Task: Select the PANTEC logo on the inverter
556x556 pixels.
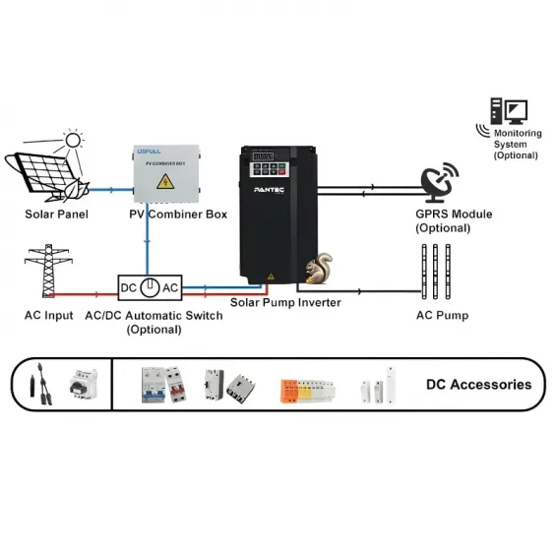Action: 270,189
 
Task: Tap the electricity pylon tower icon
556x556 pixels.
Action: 43,270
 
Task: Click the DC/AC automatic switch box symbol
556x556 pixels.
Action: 148,288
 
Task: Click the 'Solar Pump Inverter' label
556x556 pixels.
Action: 285,303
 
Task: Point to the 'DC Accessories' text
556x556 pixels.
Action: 478,385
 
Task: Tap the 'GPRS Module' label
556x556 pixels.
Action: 455,215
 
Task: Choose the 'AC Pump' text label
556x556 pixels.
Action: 443,316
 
